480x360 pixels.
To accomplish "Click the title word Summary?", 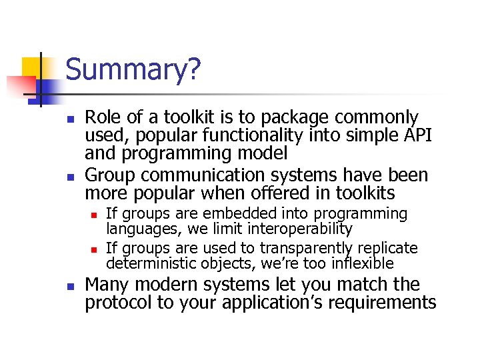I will [133, 70].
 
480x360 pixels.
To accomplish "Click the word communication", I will [204, 175].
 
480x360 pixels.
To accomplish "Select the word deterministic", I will [148, 263].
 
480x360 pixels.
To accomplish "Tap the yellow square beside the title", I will [35, 68].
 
